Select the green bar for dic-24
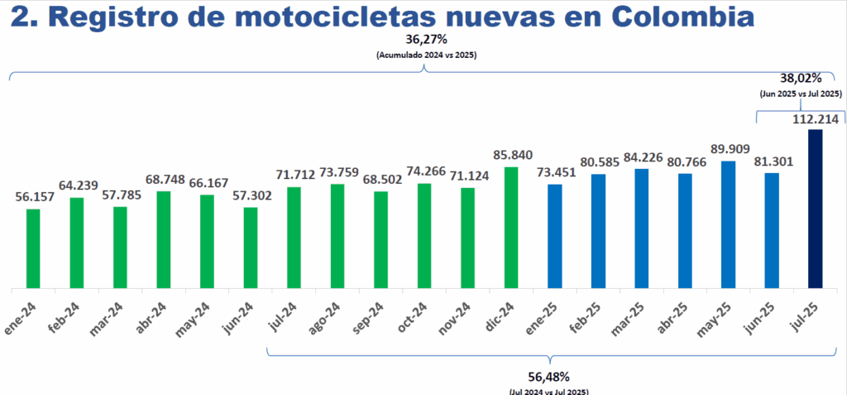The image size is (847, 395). [511, 228]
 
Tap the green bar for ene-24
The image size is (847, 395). [33, 248]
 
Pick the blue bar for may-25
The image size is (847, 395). [729, 225]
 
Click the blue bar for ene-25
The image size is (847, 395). [555, 236]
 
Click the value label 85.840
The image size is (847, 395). [511, 155]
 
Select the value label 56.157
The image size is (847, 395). [34, 197]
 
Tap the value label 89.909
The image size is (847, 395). [729, 149]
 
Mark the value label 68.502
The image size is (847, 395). [381, 180]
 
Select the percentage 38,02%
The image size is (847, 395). [800, 79]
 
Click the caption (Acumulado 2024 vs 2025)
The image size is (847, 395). [425, 55]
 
